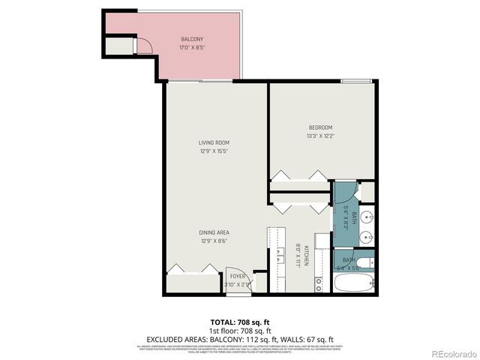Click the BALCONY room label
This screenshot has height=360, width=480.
pyautogui.click(x=192, y=39)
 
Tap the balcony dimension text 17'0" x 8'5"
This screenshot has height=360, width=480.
pyautogui.click(x=192, y=47)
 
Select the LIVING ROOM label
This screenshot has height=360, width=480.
pyautogui.click(x=214, y=142)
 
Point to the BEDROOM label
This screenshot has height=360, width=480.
pyautogui.click(x=320, y=127)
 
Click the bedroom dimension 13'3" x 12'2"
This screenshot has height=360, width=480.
pyautogui.click(x=320, y=136)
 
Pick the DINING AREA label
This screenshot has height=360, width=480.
pyautogui.click(x=214, y=232)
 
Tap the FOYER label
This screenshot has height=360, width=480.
pyautogui.click(x=237, y=277)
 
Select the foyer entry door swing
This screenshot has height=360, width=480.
pyautogui.click(x=235, y=274)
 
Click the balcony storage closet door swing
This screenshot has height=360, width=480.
pyautogui.click(x=145, y=46)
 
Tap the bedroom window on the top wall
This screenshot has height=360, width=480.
pyautogui.click(x=356, y=81)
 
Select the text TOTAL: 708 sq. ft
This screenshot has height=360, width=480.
pyautogui.click(x=240, y=321)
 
